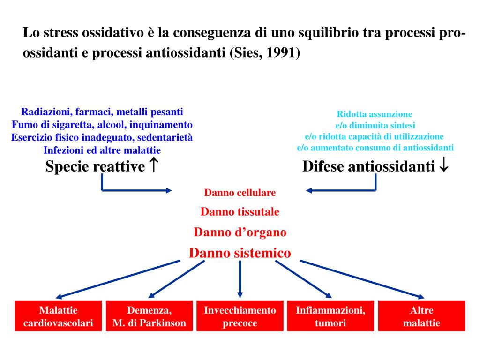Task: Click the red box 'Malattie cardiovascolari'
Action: click(58, 316)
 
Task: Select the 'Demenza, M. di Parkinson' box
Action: click(149, 316)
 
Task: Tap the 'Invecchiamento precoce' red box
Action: click(240, 316)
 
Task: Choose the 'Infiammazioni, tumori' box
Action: click(330, 316)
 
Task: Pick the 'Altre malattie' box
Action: click(421, 316)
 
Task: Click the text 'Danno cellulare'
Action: click(240, 193)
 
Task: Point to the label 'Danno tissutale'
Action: click(240, 212)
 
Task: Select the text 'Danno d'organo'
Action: click(240, 232)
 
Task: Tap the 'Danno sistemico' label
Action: click(240, 253)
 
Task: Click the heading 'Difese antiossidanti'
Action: click(369, 166)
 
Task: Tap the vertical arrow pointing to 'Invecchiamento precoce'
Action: click(240, 279)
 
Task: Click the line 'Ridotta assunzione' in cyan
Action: click(375, 114)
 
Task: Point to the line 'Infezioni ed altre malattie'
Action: click(102, 150)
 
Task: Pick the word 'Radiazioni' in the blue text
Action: click(45, 112)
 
